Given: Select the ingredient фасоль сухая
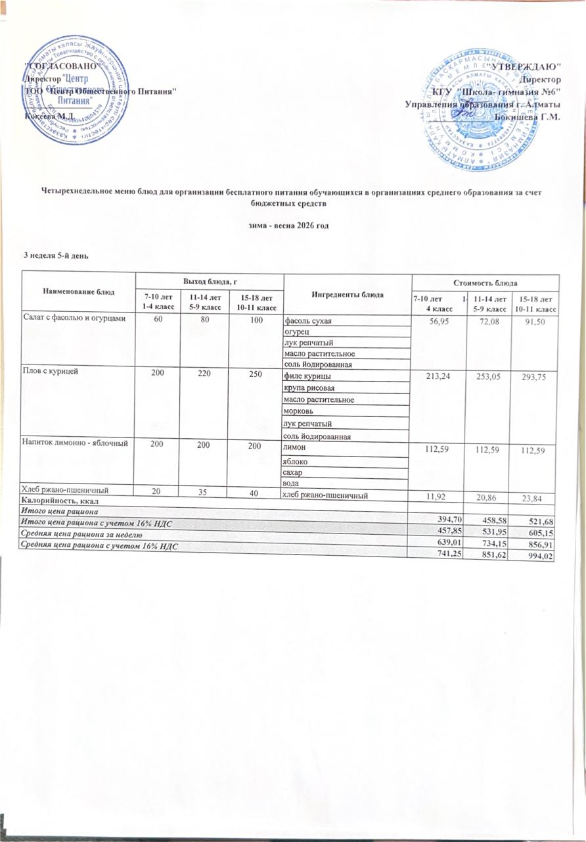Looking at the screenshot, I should click(308, 321).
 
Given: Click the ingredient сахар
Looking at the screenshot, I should click(294, 473).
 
